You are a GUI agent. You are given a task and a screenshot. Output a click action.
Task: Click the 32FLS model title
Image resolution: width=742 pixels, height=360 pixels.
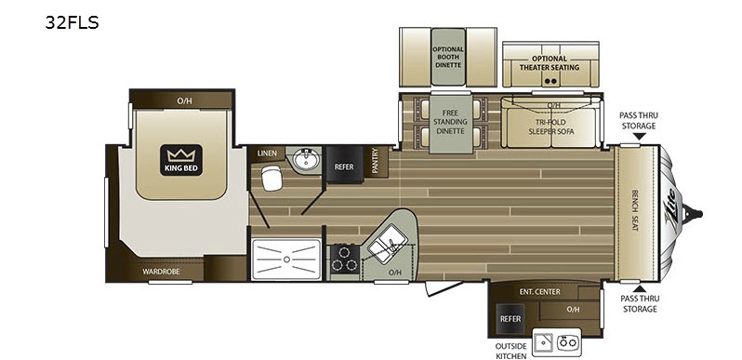72,22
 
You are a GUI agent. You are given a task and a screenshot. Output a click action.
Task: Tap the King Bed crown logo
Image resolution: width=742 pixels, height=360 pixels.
181,160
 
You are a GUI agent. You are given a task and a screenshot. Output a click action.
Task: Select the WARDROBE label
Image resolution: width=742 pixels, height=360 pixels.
161,272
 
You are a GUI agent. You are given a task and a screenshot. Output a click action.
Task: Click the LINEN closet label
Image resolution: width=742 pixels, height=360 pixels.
267,153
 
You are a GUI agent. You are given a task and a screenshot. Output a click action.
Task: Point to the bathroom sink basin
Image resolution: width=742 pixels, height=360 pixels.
306,159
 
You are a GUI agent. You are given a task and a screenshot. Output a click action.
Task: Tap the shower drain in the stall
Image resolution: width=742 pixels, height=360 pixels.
285,260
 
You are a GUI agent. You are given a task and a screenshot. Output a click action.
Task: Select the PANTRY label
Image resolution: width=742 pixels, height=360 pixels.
376,161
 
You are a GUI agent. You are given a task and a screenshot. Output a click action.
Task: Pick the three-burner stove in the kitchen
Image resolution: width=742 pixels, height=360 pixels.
344,259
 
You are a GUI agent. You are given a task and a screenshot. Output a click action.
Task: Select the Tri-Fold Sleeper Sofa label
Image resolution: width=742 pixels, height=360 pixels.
550,127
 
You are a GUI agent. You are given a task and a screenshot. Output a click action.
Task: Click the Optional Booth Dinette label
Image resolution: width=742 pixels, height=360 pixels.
448,57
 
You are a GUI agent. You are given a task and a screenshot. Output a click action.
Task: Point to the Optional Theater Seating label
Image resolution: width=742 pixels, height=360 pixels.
549,63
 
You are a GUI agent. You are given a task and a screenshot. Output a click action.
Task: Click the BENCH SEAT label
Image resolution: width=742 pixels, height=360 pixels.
634,211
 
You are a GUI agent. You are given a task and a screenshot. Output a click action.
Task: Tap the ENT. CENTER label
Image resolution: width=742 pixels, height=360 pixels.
539,292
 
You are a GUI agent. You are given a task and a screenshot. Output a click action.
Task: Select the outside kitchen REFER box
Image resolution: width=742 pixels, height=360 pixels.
510,318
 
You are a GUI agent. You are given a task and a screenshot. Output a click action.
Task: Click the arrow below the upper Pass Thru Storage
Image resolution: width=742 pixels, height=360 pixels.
639,137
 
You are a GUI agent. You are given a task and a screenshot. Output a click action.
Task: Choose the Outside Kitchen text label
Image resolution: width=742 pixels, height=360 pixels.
511,351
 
